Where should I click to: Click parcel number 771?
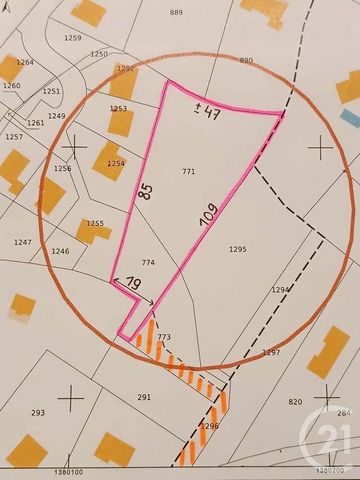click(x=189, y=171)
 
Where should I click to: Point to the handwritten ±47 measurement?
click(x=207, y=112)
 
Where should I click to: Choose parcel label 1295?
click(x=238, y=249)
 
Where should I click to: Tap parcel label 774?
click(x=148, y=262)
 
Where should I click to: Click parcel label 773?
click(x=164, y=337)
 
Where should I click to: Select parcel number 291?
click(x=144, y=397)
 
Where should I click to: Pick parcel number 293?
click(x=38, y=412)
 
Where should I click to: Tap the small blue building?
click(x=350, y=118)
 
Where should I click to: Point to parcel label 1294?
click(x=280, y=290)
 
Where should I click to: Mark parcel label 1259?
click(x=73, y=38)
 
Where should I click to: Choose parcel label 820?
click(x=295, y=402)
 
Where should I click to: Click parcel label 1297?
click(x=271, y=353)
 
